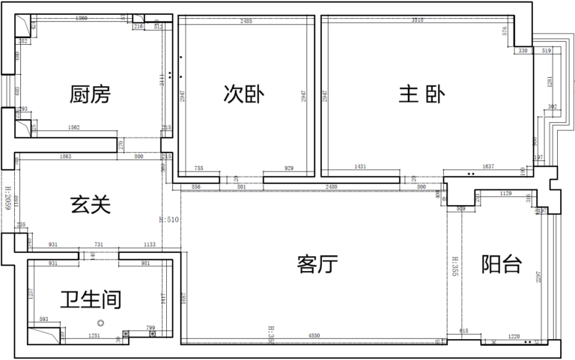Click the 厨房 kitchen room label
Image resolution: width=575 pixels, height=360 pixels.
pyautogui.click(x=90, y=95)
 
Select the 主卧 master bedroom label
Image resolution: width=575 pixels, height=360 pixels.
pyautogui.click(x=422, y=95)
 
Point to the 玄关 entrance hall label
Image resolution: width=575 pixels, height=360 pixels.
pyautogui.click(x=91, y=204)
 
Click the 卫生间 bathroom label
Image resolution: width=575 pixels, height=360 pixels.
pyautogui.click(x=91, y=299)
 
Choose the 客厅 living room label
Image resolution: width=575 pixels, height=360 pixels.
pyautogui.click(x=317, y=263)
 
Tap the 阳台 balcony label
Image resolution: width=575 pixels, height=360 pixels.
pyautogui.click(x=501, y=264)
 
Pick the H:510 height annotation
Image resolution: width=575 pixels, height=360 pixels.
pyautogui.click(x=169, y=221)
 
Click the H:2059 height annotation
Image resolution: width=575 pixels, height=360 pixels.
pyautogui.click(x=7, y=207)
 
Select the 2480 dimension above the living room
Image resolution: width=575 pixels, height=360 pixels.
pyautogui.click(x=330, y=186)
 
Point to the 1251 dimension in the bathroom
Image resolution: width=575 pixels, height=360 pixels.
pyautogui.click(x=94, y=336)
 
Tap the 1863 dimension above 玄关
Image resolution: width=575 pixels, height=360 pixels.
pyautogui.click(x=65, y=156)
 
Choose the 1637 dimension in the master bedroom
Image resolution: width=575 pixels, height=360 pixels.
pyautogui.click(x=488, y=166)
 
